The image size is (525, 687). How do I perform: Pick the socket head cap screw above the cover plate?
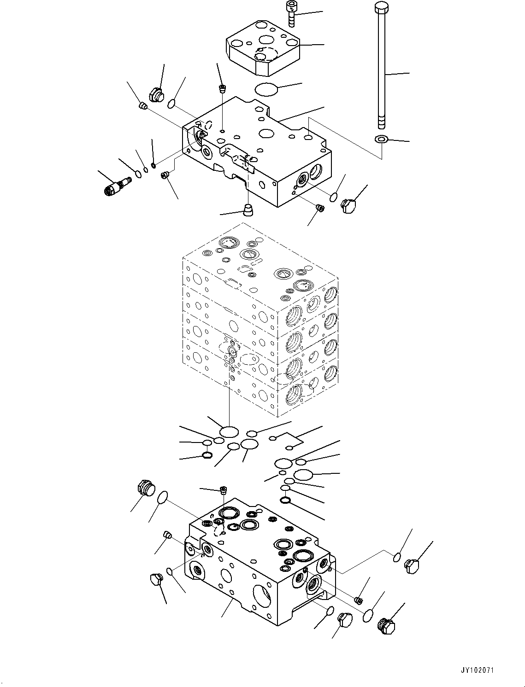(x=291, y=13)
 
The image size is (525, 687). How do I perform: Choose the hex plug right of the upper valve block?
(x=349, y=205)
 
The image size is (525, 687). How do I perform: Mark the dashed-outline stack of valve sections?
(x=260, y=318)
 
